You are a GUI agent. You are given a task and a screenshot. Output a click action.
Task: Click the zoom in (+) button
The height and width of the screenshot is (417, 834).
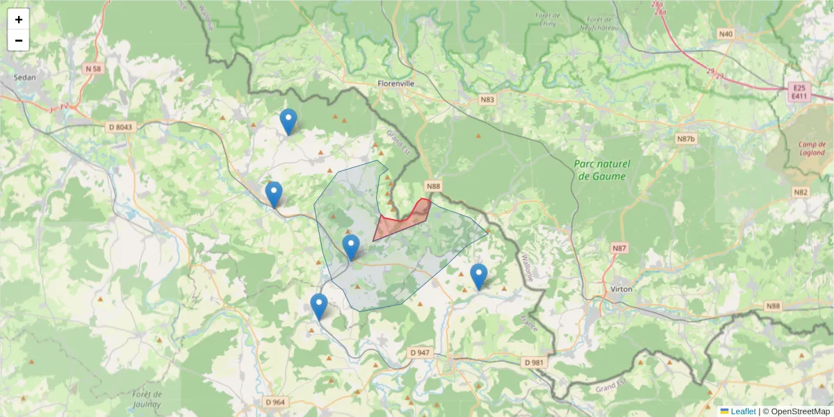[x=19, y=19]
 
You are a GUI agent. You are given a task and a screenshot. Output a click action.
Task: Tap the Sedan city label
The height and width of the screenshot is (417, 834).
[x=24, y=78]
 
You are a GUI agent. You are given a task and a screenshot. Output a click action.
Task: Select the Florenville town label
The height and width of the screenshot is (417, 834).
[x=395, y=83]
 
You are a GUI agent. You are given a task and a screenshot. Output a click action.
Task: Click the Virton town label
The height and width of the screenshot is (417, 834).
[x=621, y=288]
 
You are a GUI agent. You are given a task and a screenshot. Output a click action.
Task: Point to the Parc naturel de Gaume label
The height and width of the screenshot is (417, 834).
[x=602, y=170]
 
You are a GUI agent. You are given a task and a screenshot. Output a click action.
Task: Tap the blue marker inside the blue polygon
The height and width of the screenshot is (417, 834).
[x=351, y=247]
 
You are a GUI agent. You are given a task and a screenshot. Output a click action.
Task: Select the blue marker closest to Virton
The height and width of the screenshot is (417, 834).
[x=478, y=277]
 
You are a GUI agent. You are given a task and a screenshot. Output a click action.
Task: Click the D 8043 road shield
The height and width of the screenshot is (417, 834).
[x=120, y=126]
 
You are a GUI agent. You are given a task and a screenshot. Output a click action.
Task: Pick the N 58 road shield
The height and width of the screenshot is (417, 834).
[x=92, y=68]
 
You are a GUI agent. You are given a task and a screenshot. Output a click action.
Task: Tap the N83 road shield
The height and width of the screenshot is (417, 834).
[x=487, y=100]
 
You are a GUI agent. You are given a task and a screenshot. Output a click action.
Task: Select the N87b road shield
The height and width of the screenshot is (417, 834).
[x=685, y=139]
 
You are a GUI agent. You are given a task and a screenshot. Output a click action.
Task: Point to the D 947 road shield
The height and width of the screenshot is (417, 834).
[x=420, y=353]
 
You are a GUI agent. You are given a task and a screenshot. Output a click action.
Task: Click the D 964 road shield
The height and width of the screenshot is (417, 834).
[x=275, y=402]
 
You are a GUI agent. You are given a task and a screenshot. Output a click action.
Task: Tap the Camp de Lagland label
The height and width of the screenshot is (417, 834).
[x=811, y=148]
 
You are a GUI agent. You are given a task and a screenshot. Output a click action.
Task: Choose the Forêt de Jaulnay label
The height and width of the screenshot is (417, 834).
[x=147, y=399]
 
